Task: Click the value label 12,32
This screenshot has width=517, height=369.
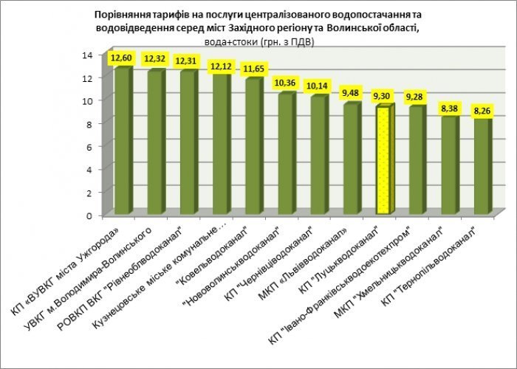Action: point(156,58)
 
